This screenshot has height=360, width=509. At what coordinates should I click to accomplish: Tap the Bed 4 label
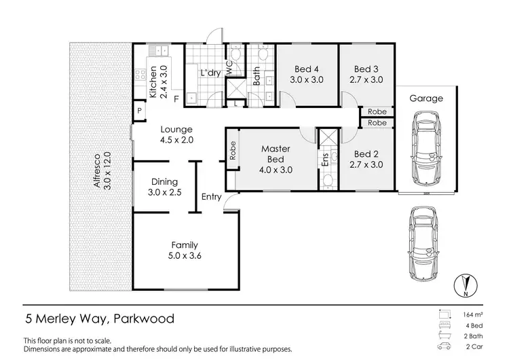[307, 69]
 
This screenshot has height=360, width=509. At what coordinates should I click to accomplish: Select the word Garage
[426, 98]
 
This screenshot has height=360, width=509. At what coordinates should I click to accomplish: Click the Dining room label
[164, 181]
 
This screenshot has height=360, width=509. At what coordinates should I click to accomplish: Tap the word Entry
[211, 197]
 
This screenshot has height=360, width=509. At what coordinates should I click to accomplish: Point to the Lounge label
[176, 129]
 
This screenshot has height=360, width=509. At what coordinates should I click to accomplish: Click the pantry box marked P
[139, 110]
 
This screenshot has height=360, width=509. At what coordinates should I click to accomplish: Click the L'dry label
[208, 73]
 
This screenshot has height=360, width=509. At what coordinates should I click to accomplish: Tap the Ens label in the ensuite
[325, 160]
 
